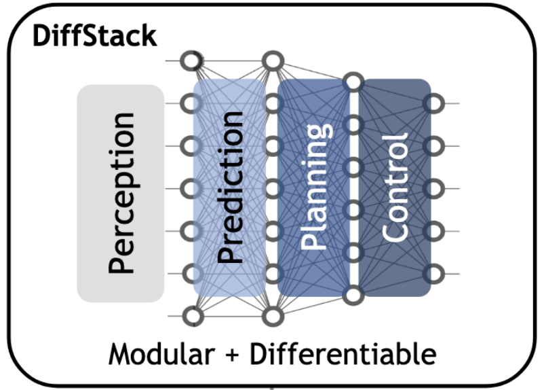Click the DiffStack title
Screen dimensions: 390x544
(94, 34)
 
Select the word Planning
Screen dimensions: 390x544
(315, 188)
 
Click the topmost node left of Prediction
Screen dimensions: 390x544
(193, 61)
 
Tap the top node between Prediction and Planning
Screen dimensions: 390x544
(273, 61)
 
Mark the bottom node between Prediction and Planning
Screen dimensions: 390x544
(273, 316)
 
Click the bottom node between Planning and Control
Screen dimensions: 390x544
(353, 296)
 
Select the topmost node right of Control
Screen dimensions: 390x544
(433, 103)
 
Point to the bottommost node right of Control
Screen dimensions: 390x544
(433, 273)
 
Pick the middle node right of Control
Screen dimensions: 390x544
(433, 188)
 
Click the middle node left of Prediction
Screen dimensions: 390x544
(193, 188)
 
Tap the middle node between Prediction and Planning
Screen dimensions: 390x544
(273, 188)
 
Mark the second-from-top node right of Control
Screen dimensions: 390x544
(433, 145)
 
